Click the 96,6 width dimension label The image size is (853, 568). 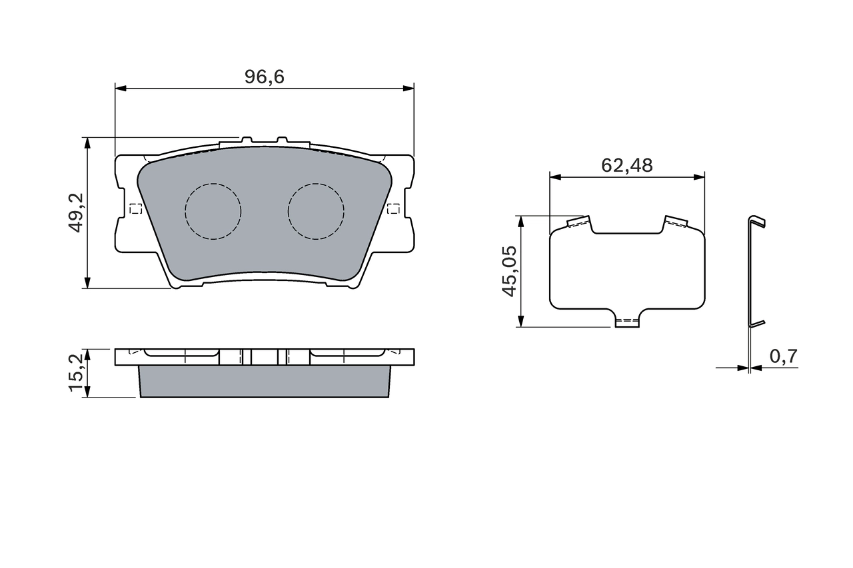pyautogui.click(x=265, y=77)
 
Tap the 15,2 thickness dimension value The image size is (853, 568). pyautogui.click(x=77, y=373)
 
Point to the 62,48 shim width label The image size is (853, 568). pyautogui.click(x=626, y=165)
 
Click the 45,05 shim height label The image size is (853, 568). pyautogui.click(x=510, y=271)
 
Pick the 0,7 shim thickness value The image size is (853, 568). pyautogui.click(x=783, y=357)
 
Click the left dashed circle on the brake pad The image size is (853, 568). pyautogui.click(x=213, y=211)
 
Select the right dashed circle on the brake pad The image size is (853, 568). pyautogui.click(x=316, y=211)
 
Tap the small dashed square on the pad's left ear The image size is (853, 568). pyautogui.click(x=135, y=208)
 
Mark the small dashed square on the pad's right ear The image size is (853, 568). pyautogui.click(x=393, y=208)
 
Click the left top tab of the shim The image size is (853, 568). pyautogui.click(x=578, y=222)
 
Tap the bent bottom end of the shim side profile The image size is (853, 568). pyautogui.click(x=757, y=324)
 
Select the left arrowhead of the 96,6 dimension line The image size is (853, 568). pyautogui.click(x=121, y=88)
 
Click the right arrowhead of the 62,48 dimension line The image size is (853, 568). pyautogui.click(x=699, y=177)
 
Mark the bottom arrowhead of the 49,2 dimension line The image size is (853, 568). pyautogui.click(x=87, y=283)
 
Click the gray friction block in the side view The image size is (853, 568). pyautogui.click(x=264, y=382)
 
